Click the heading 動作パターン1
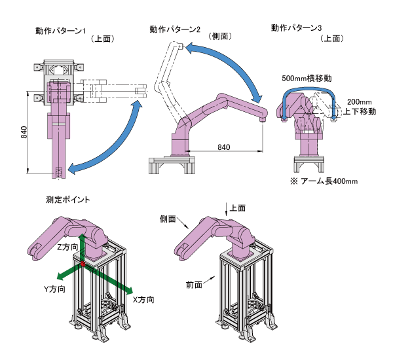[64, 30]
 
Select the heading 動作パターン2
[174, 29]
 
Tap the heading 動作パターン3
[296, 27]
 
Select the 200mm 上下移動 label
[360, 107]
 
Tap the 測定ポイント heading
[68, 199]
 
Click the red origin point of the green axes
[82, 264]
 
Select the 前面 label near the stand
[193, 285]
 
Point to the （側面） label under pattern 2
[219, 37]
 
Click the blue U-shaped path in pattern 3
[308, 90]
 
